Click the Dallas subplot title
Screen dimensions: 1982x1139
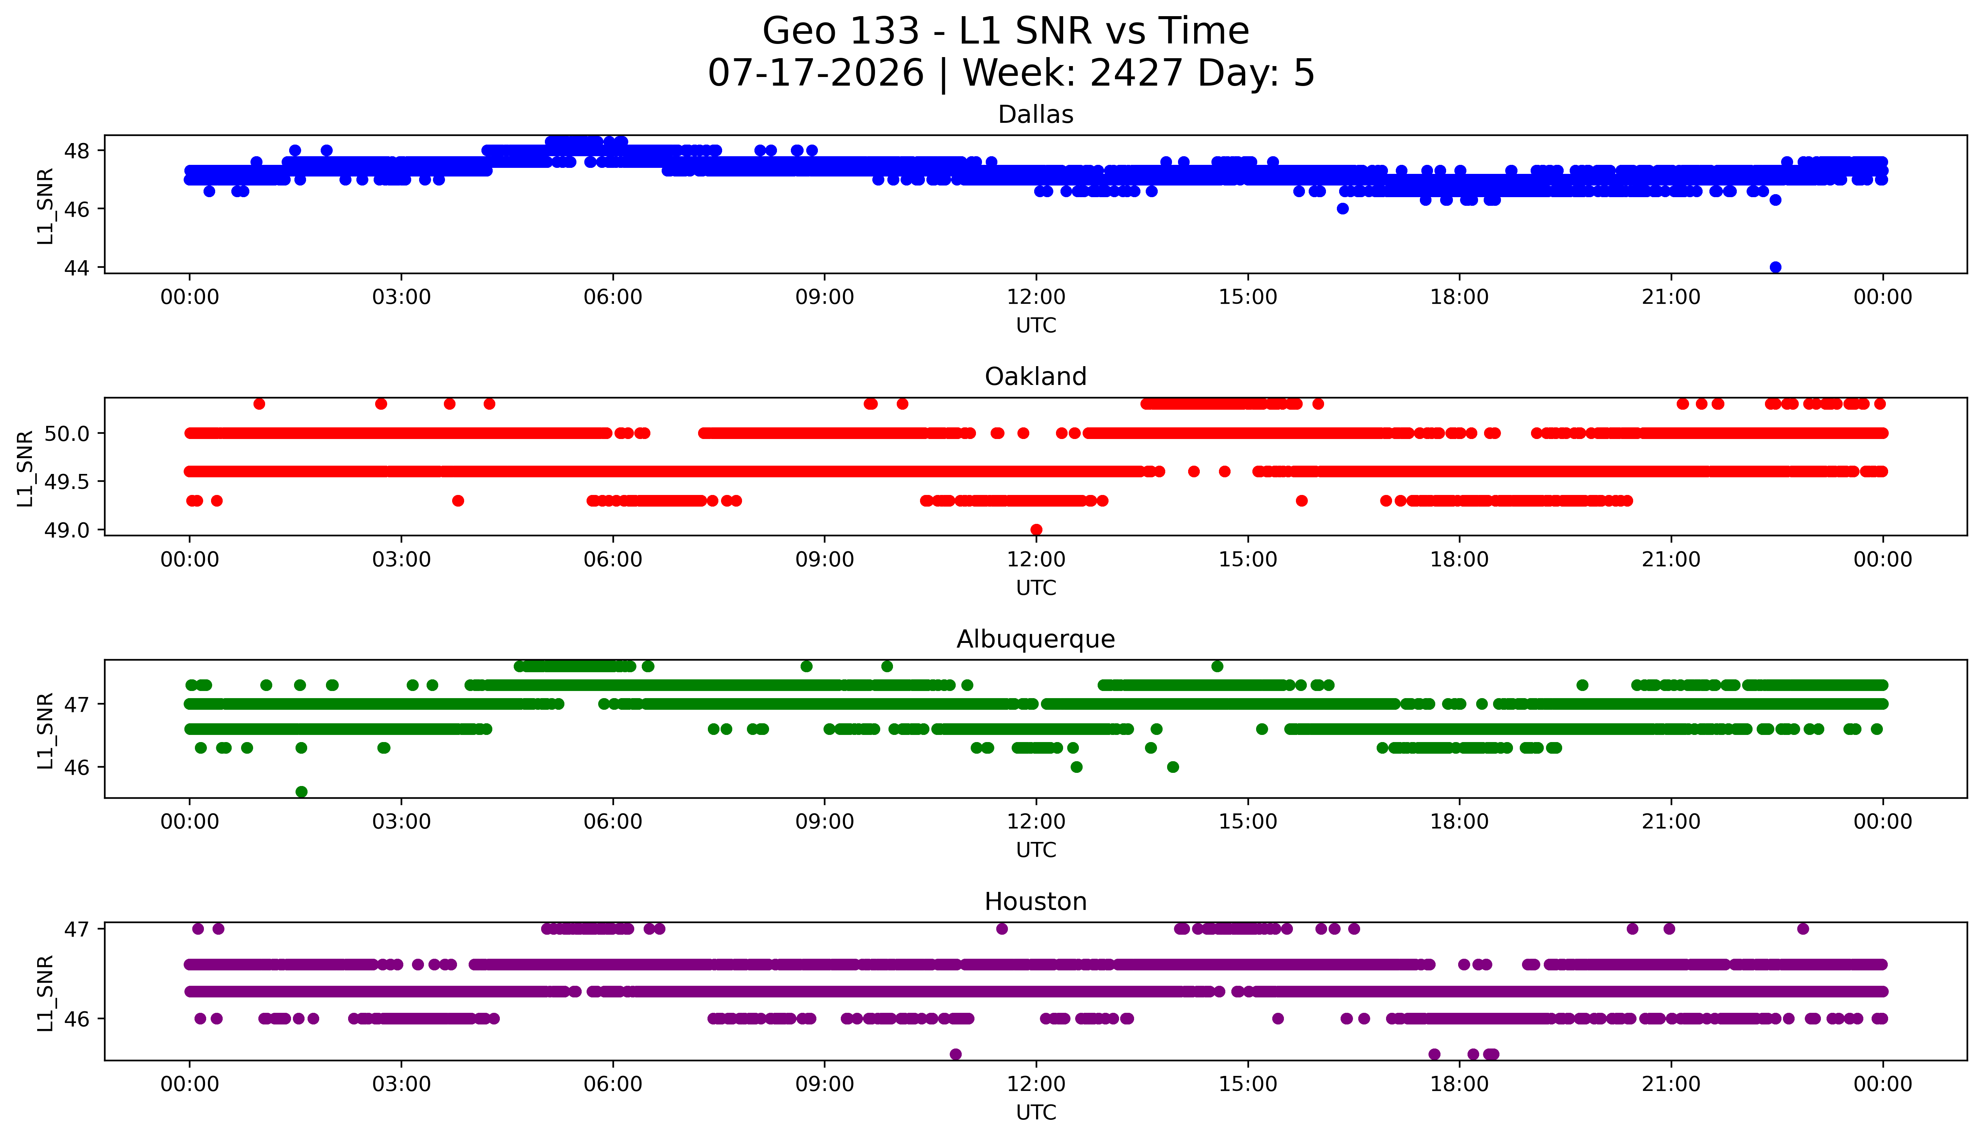point(1036,115)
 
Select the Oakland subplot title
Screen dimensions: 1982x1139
point(1036,377)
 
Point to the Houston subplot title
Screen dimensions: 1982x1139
point(1036,902)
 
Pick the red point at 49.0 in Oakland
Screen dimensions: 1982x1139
point(1036,530)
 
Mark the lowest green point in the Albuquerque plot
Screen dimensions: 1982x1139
point(301,792)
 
